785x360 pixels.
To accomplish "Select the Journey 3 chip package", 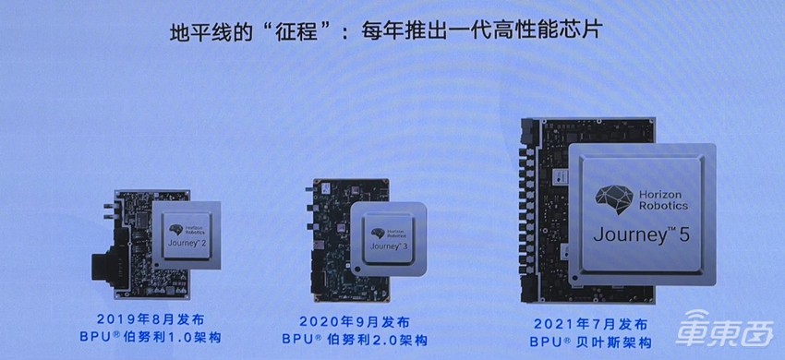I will (388, 239).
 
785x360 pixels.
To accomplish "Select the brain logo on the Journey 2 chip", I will (174, 229).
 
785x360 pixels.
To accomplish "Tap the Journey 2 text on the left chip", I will (185, 244).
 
